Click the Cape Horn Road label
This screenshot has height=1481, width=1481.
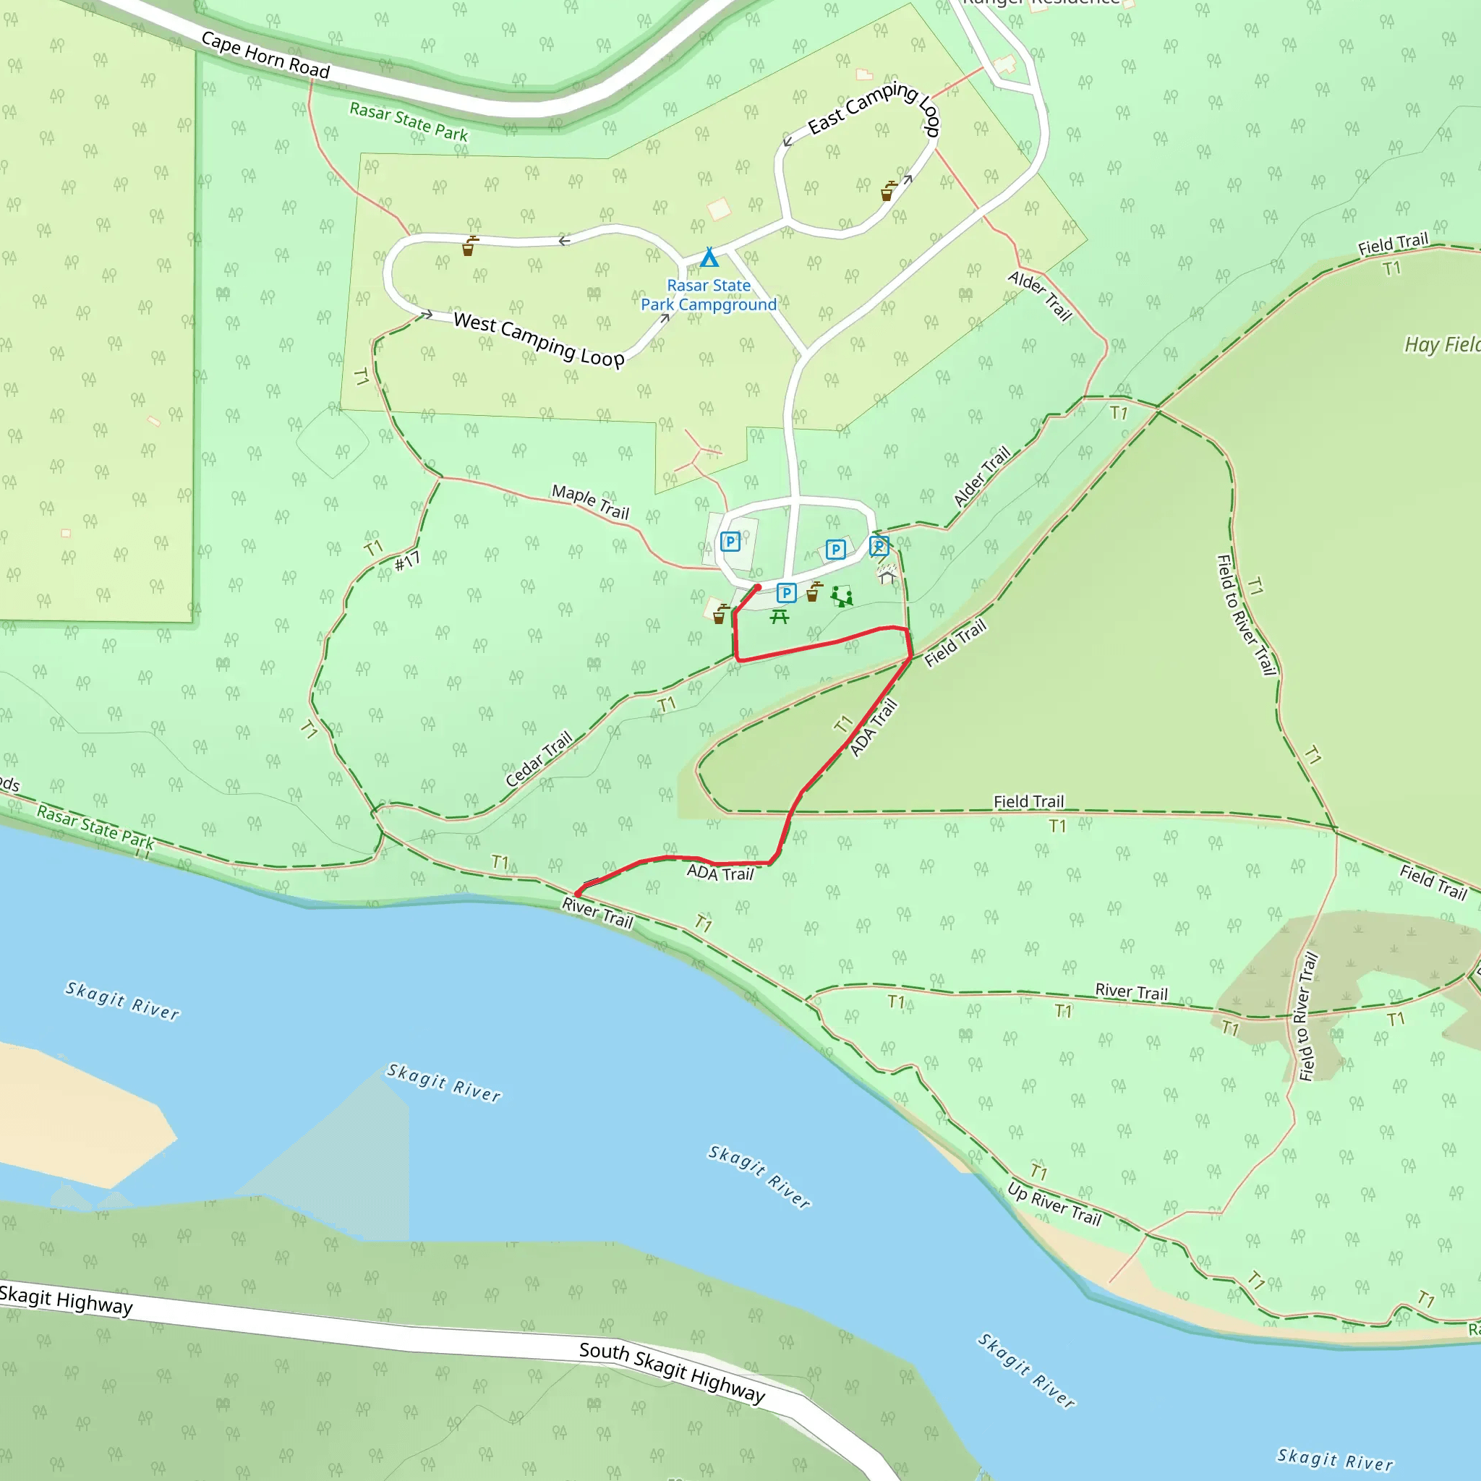[265, 54]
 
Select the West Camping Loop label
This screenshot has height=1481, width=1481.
[539, 339]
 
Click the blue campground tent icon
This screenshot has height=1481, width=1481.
[709, 257]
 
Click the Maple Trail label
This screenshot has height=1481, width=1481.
[590, 502]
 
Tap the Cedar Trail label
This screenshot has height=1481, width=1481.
[539, 758]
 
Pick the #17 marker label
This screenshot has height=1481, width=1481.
[407, 561]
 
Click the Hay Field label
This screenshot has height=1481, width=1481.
[1441, 344]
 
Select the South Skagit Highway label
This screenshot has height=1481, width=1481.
[672, 1372]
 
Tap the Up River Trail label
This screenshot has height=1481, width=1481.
[1054, 1203]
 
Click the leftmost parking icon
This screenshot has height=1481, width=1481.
[730, 542]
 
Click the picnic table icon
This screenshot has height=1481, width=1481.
[780, 616]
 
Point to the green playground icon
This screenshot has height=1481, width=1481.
[842, 596]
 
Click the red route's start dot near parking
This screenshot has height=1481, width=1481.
[757, 588]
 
